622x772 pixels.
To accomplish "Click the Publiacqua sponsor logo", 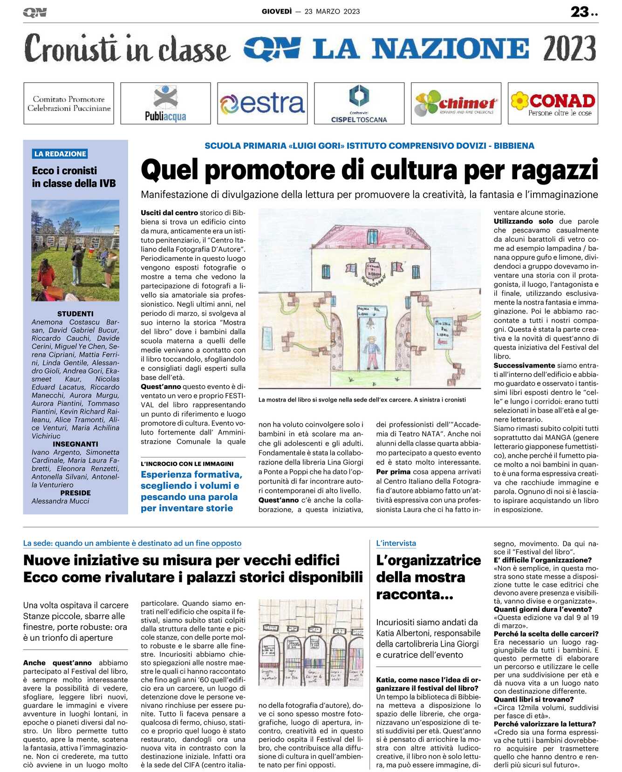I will point(165,103).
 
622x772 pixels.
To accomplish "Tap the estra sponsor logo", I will point(262,103).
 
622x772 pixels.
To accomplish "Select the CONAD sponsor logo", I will point(553,103).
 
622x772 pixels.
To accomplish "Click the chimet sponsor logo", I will point(456,103).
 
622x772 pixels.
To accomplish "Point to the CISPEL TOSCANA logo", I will point(359,103).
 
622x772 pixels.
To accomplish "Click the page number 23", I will point(580,12).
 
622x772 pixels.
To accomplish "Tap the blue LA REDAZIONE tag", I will point(60,154).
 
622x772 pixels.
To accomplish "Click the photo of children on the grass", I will point(75,250).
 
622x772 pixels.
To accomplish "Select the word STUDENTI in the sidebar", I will point(75,314).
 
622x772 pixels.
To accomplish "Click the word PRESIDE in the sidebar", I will point(75,493).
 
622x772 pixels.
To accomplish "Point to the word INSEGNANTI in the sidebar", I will point(75,444).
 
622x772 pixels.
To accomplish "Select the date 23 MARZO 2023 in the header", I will point(332,12).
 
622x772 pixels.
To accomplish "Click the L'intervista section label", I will point(396,543).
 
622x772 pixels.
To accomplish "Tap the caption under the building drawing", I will point(362,400).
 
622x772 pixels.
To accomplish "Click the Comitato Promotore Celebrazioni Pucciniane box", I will point(69,103).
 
